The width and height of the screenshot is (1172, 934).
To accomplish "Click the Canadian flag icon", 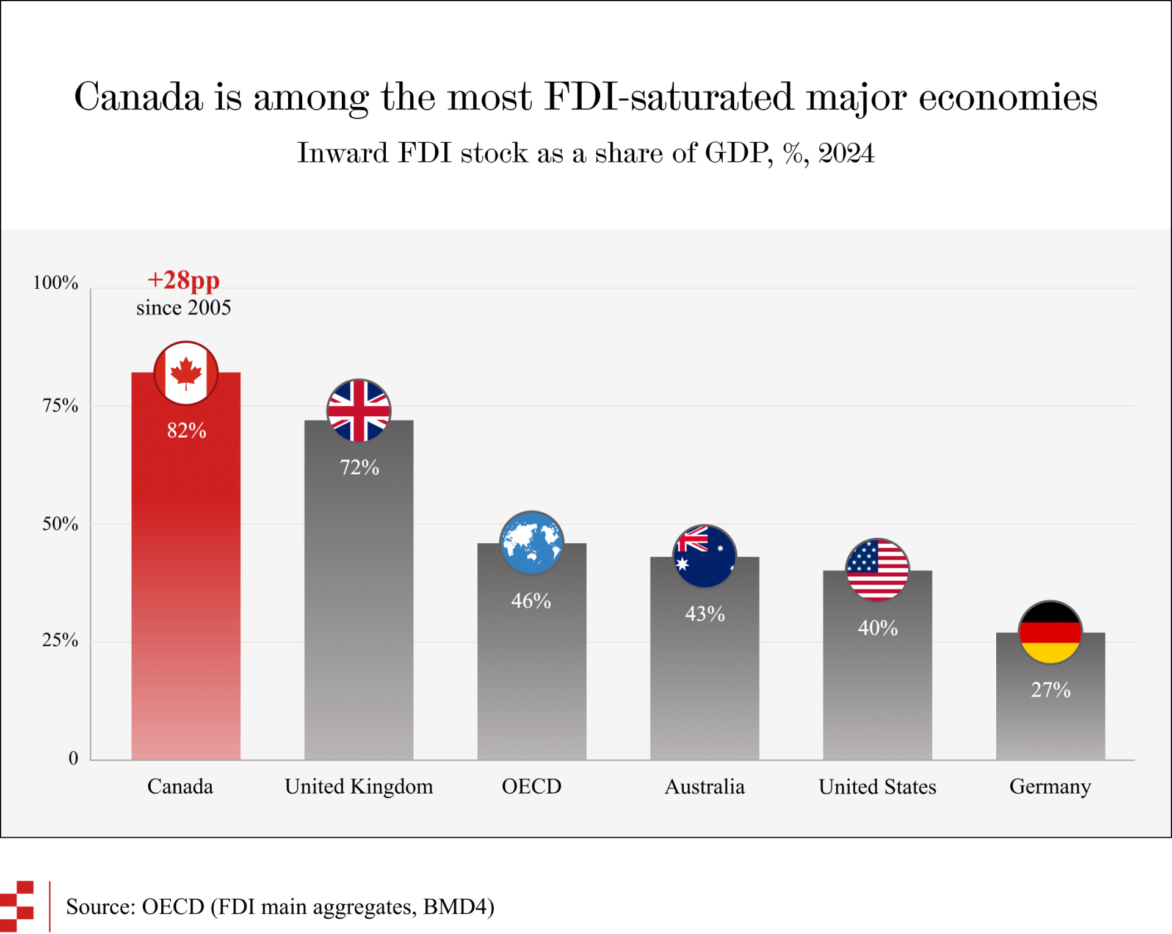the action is pyautogui.click(x=186, y=373).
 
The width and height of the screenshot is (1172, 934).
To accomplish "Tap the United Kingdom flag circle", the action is pyautogui.click(x=359, y=411).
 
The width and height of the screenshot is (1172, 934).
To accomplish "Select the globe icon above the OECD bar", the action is pyautogui.click(x=532, y=543).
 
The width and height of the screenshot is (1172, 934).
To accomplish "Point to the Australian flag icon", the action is pyautogui.click(x=704, y=556).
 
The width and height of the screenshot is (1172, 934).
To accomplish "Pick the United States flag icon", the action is pyautogui.click(x=877, y=570).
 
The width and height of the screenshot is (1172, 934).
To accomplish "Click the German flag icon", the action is pyautogui.click(x=1051, y=632).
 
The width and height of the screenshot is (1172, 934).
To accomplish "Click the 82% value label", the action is pyautogui.click(x=187, y=430).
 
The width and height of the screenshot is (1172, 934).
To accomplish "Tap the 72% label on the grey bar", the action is pyautogui.click(x=360, y=468).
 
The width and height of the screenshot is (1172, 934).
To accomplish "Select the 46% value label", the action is pyautogui.click(x=531, y=601).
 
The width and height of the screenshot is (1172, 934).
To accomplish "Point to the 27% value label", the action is pyautogui.click(x=1051, y=690).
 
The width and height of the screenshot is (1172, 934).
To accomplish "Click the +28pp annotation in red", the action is pyautogui.click(x=184, y=280).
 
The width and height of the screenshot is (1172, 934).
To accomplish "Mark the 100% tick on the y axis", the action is pyautogui.click(x=56, y=283).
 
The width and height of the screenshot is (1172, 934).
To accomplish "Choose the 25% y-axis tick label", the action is pyautogui.click(x=60, y=640).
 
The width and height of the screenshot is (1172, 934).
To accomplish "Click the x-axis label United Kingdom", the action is pyautogui.click(x=359, y=786).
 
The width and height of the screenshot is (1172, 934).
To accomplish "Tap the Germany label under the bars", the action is pyautogui.click(x=1050, y=787).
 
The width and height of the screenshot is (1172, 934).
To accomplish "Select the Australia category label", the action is pyautogui.click(x=704, y=786).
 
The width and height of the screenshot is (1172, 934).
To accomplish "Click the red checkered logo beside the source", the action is pyautogui.click(x=17, y=907).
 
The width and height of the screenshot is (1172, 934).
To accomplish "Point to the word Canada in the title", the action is pyautogui.click(x=139, y=97).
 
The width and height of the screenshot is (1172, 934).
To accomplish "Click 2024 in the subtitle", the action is pyautogui.click(x=847, y=153).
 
